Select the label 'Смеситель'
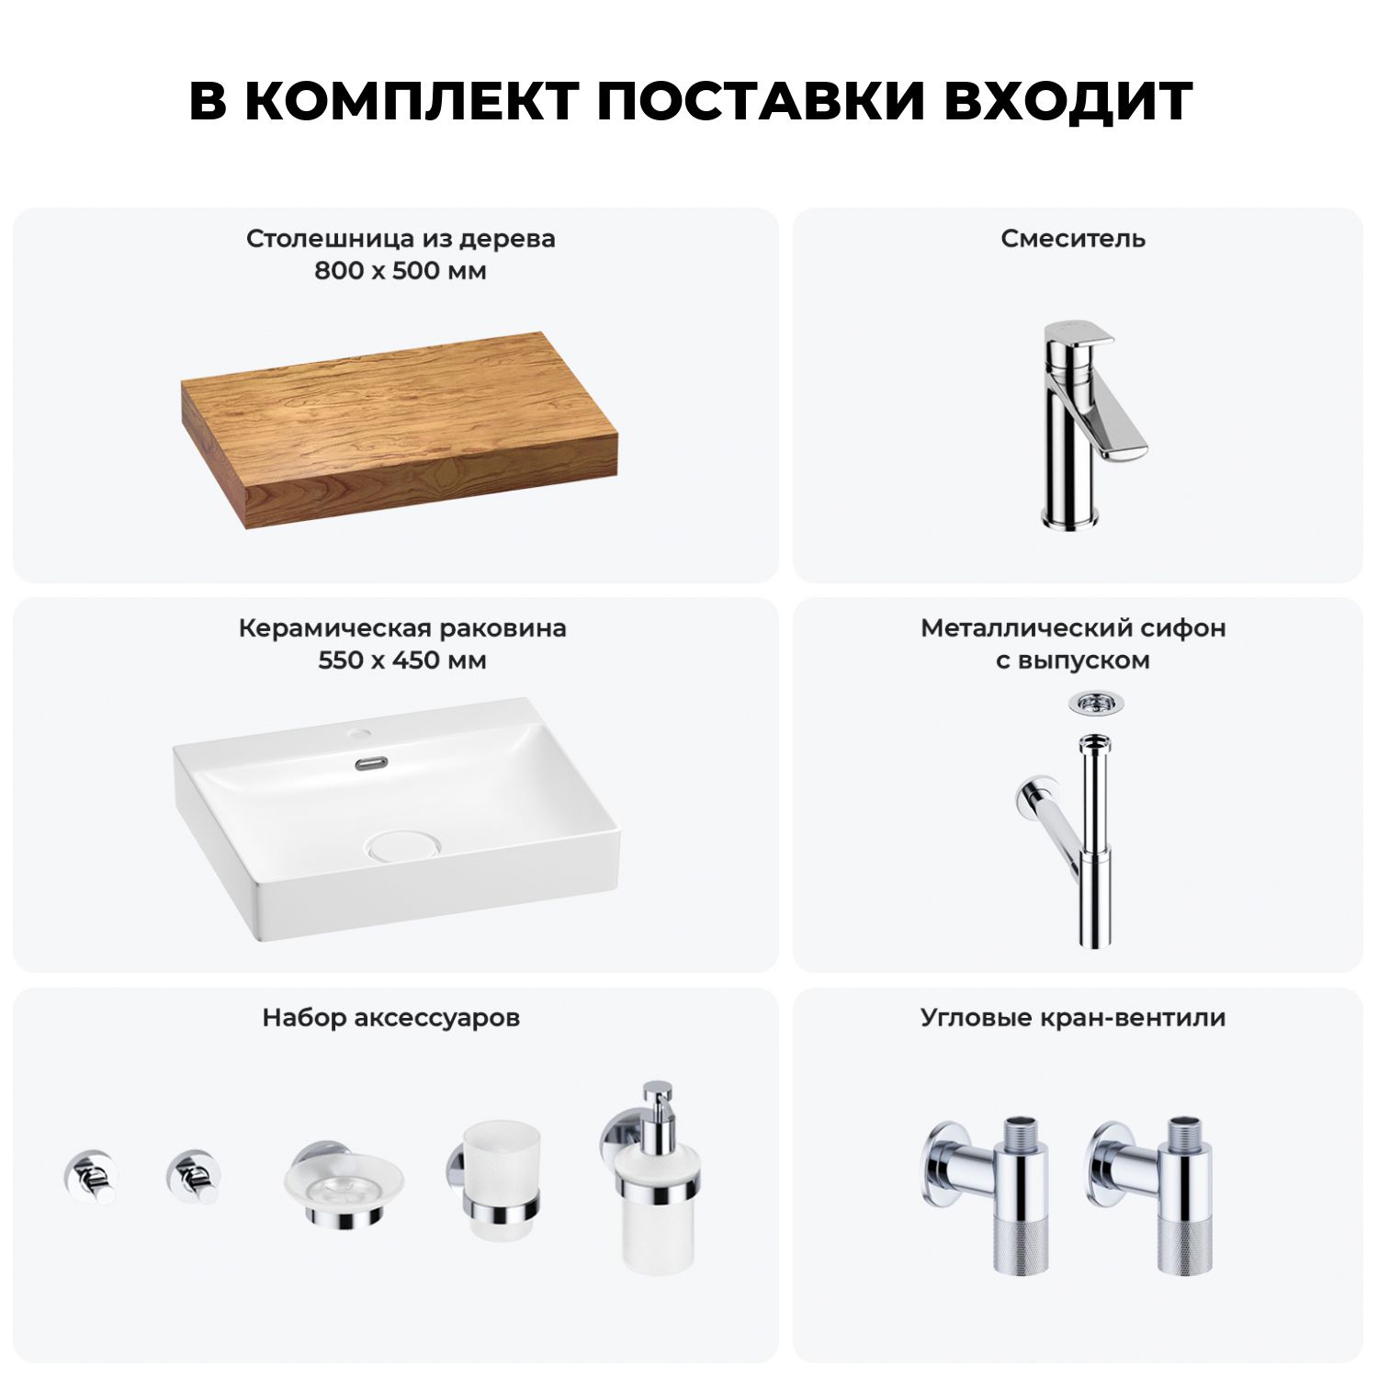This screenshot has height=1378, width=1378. [x=1073, y=239]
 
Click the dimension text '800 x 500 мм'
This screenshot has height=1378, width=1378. [x=401, y=271]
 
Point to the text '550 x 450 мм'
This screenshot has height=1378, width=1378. [x=402, y=661]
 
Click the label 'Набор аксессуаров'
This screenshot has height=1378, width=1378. [x=391, y=1018]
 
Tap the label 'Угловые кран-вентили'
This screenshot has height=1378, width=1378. [x=1073, y=1018]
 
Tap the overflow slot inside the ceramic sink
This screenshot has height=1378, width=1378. [x=370, y=762]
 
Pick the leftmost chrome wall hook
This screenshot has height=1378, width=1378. [x=89, y=1176]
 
